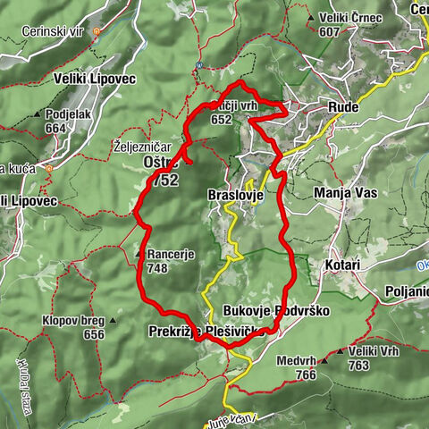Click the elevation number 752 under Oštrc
[x=165, y=179]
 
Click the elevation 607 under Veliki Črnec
[x=329, y=31]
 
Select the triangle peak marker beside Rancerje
[x=139, y=254]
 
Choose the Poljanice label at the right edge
[x=406, y=291]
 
